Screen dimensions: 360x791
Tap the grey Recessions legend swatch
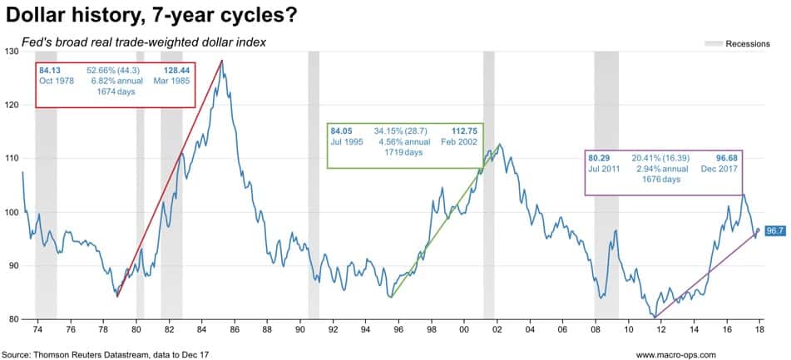coord(713,44)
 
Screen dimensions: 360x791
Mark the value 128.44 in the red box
coord(170,70)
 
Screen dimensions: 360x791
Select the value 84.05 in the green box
coord(342,131)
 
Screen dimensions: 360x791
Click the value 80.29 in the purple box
coord(600,156)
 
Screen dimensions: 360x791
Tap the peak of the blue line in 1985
coord(221,61)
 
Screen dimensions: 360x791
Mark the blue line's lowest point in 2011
coord(655,317)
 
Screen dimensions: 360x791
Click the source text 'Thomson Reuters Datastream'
coord(89,353)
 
